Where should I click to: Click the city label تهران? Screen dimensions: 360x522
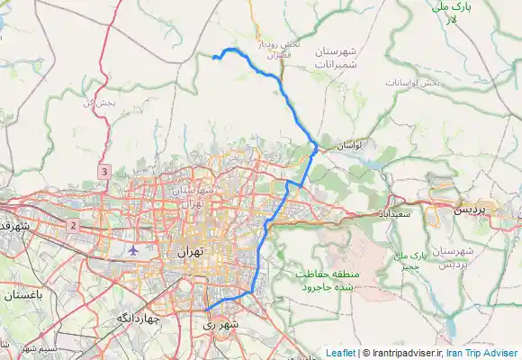pyautogui.click(x=191, y=252)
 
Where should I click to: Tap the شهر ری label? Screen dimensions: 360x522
pyautogui.click(x=221, y=322)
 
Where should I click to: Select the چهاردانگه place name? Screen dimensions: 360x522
pyautogui.click(x=138, y=319)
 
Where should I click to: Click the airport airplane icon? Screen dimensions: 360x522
pyautogui.click(x=134, y=249)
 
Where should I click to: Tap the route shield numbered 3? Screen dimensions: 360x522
pyautogui.click(x=104, y=171)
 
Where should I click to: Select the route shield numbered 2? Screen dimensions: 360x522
pyautogui.click(x=72, y=223)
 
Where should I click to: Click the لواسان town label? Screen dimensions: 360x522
pyautogui.click(x=347, y=145)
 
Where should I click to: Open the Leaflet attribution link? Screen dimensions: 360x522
pyautogui.click(x=339, y=353)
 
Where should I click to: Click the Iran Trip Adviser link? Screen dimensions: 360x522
pyautogui.click(x=482, y=353)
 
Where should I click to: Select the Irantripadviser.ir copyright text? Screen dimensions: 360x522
pyautogui.click(x=404, y=353)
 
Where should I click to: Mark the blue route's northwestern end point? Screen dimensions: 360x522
pyautogui.click(x=214, y=58)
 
